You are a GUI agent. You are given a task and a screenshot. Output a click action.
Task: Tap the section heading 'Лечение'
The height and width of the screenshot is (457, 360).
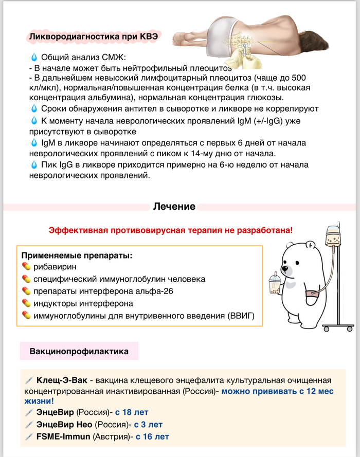(x=174, y=207)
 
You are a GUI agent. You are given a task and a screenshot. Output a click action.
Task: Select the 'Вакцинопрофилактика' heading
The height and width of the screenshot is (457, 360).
(x=79, y=352)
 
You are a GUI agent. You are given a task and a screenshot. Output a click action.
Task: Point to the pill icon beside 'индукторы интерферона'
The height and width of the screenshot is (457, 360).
(x=27, y=304)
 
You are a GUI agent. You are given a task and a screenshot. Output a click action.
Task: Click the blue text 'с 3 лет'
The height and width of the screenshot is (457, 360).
(x=148, y=425)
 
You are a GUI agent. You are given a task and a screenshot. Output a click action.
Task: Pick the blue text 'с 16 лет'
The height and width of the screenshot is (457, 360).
(x=152, y=437)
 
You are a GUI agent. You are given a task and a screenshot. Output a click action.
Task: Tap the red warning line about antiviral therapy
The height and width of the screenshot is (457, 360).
(x=170, y=231)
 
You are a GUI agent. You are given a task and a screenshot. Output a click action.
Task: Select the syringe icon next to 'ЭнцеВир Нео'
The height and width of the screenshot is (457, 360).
(x=29, y=425)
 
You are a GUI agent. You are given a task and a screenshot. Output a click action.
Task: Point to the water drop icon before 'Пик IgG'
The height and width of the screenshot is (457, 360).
(x=34, y=165)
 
